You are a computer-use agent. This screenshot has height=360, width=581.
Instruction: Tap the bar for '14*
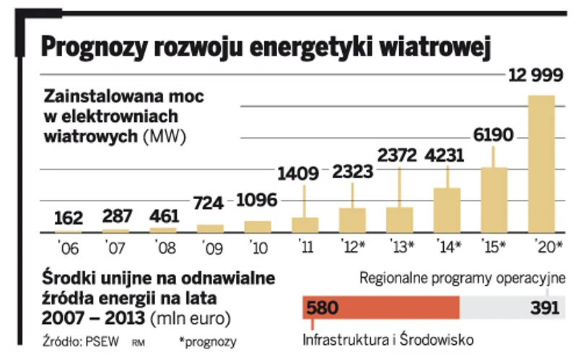447,210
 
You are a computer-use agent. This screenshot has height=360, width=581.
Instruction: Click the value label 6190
494,134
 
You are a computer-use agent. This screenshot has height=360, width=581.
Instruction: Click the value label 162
69,216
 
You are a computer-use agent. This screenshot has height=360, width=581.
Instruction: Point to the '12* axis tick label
354,247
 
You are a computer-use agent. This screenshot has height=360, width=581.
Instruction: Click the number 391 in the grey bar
546,308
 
